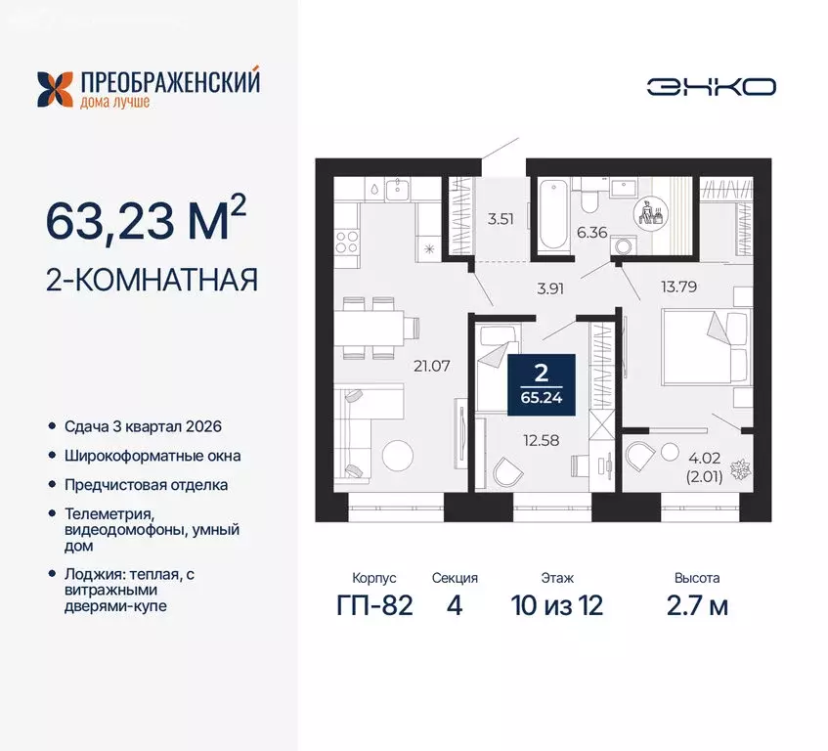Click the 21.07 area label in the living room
coord(429,367)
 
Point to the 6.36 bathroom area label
coord(592,232)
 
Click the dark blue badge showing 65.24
coord(542,384)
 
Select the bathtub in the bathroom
coord(550,213)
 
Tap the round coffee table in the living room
coord(397,457)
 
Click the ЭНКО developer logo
coord(711,86)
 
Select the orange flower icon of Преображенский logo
coord(56,88)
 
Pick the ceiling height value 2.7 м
coord(696,605)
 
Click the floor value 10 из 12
coord(556,605)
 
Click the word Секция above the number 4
coord(454,578)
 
